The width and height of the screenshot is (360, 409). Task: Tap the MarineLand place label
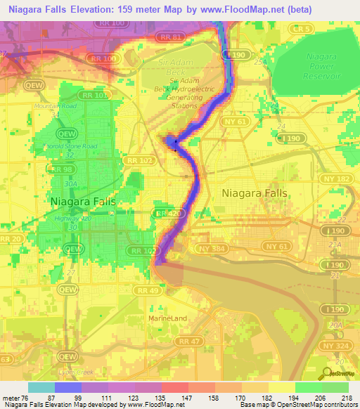167,318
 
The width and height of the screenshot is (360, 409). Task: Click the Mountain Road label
55,106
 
